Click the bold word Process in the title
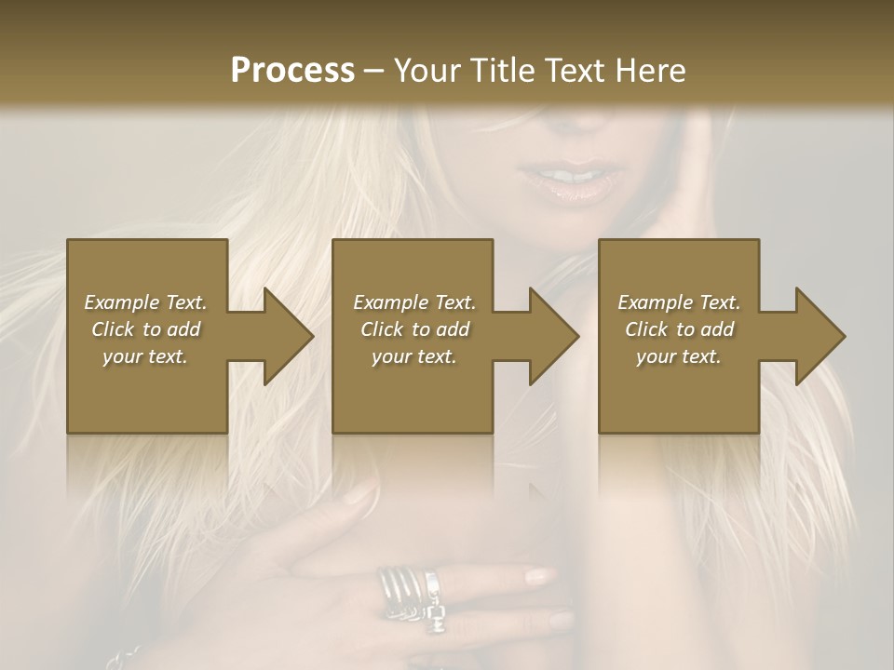[x=292, y=71]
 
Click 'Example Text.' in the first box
[x=146, y=302]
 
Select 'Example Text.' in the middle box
[x=413, y=302]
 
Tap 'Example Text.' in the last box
[x=679, y=302]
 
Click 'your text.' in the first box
[x=146, y=356]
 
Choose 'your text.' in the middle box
[x=413, y=356]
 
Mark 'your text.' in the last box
[x=679, y=356]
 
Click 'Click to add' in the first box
[x=146, y=329]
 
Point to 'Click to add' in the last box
[x=679, y=329]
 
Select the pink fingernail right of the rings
[x=540, y=577]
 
